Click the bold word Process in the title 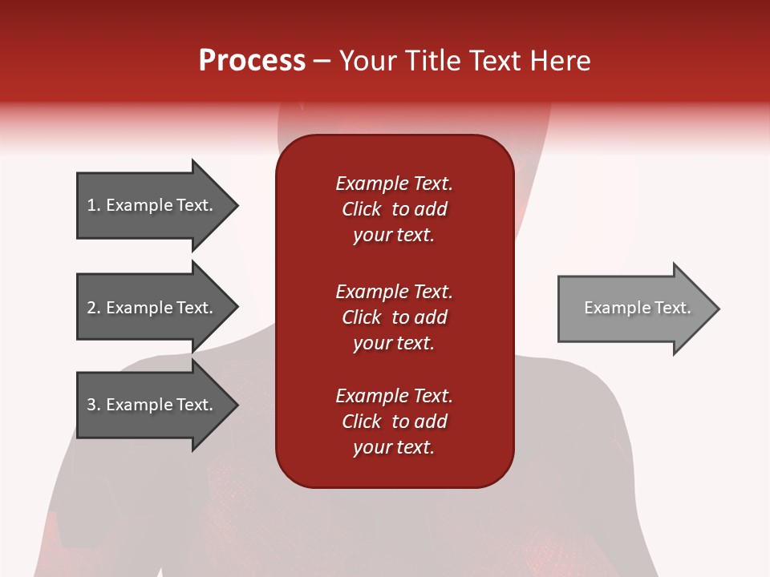252,61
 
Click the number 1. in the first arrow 93,205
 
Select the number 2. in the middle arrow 93,308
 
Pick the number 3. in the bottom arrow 93,405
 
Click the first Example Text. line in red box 394,184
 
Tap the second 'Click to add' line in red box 394,317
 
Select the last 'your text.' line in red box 394,447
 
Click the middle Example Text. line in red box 394,292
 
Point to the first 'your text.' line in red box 394,235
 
